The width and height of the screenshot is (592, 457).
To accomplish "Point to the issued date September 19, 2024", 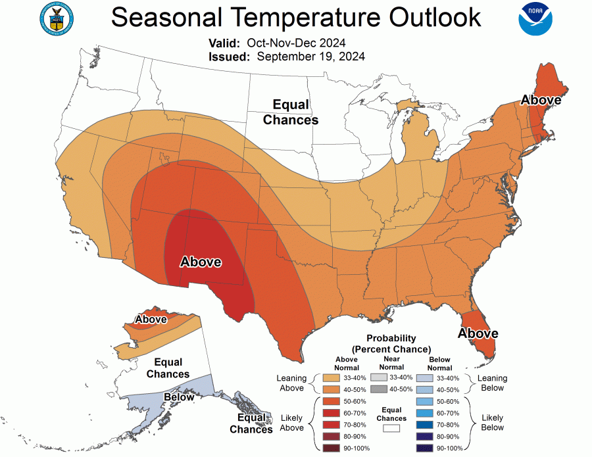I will pos(310,57).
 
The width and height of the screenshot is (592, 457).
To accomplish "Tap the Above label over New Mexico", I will pos(201,262).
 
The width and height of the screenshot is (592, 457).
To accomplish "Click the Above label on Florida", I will pos(478,333).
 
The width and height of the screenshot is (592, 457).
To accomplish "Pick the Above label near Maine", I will pos(541,100).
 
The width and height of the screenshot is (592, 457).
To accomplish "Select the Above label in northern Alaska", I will pos(151,320).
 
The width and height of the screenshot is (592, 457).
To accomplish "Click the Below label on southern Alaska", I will pos(179,397).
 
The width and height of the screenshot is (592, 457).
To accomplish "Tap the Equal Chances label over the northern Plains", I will pos(291,112).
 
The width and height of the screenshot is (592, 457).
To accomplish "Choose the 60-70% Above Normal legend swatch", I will pos(332,412).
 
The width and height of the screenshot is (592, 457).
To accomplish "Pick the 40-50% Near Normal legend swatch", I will pos(379,389).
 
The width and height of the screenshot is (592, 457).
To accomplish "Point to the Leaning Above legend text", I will pos(292,383).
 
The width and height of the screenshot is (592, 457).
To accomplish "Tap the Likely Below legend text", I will pos(492,423).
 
